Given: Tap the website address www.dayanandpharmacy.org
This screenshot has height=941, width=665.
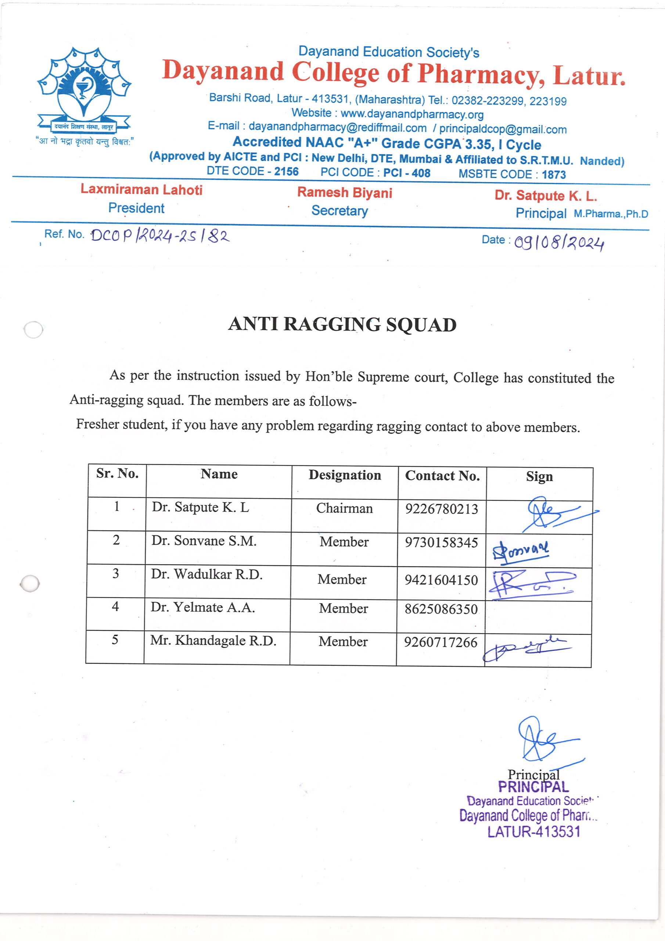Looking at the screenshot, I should pyautogui.click(x=411, y=114).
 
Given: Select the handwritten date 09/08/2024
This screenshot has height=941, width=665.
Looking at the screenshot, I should pyautogui.click(x=559, y=243).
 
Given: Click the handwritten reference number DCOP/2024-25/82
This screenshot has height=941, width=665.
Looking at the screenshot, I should pyautogui.click(x=160, y=236).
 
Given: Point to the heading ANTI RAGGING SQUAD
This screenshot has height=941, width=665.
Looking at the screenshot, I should pyautogui.click(x=342, y=325).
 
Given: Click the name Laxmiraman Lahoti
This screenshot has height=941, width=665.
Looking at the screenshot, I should pyautogui.click(x=141, y=189).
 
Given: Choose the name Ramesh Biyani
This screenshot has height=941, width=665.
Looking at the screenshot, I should pyautogui.click(x=345, y=192).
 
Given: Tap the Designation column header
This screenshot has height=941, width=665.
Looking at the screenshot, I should pyautogui.click(x=345, y=475).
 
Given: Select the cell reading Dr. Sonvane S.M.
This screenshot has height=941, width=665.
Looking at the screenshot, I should pyautogui.click(x=204, y=541).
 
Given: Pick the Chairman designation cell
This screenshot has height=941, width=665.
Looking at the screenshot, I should pyautogui.click(x=344, y=509).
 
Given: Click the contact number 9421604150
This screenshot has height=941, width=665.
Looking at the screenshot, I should pyautogui.click(x=441, y=580).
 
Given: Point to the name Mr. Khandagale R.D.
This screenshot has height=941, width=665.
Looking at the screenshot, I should pyautogui.click(x=213, y=641).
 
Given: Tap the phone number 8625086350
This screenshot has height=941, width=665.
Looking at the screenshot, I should pyautogui.click(x=441, y=609).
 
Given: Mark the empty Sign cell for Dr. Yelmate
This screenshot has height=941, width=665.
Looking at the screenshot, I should pyautogui.click(x=538, y=617).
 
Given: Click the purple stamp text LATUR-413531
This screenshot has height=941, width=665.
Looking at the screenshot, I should pyautogui.click(x=533, y=831).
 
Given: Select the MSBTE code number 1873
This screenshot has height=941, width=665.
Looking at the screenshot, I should pyautogui.click(x=554, y=175).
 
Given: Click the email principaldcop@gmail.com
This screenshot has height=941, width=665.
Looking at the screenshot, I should pyautogui.click(x=503, y=129).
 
